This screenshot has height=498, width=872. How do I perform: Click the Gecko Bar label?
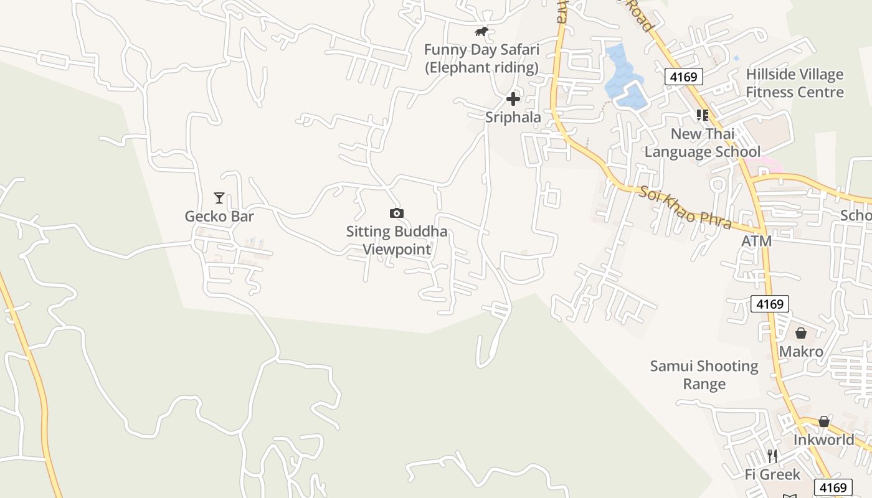pos(219,216)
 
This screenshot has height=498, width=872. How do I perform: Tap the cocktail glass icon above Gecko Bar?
pos(219,198)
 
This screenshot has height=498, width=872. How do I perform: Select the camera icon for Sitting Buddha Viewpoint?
pos(397,214)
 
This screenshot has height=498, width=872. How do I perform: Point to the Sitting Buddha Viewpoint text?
pos(397,240)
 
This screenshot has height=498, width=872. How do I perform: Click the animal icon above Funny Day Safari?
pos(481,32)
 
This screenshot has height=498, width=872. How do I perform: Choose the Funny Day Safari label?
pos(481,59)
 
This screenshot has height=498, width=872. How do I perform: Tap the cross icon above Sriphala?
pos(513,99)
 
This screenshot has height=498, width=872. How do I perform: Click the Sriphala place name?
pos(513,117)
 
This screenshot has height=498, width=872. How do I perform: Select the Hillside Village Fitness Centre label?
pos(795,83)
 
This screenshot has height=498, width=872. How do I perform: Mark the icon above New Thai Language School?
pos(703,115)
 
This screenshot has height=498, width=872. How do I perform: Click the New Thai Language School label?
pos(703,143)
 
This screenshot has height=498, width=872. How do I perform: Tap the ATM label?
pos(756,241)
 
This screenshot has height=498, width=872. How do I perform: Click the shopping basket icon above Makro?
pos(801,334)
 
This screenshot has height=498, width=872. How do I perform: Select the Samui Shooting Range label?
pos(704,375)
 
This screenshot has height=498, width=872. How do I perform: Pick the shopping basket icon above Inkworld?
pos(824,422)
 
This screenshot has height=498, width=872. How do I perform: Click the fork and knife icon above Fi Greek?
pos(772,456)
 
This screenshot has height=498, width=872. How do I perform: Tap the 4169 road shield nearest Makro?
pos(770,304)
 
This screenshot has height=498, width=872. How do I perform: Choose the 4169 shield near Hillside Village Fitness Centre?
pos(684,77)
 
